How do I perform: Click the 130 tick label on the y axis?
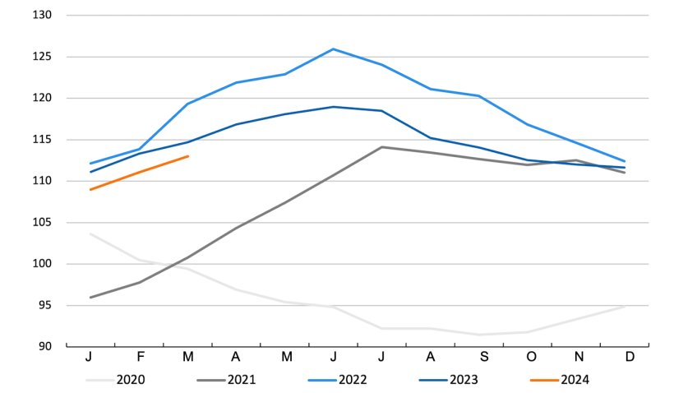[x=40, y=16]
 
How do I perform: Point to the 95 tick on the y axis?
[x=43, y=305]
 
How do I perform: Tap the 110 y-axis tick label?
[x=40, y=181]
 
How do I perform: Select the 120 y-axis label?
[x=40, y=99]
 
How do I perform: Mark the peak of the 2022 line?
[x=333, y=49]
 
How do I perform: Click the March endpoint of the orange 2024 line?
[x=188, y=156]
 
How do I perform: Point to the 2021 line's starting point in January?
[x=90, y=297]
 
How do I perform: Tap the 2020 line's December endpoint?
[x=624, y=307]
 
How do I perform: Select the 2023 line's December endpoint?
[x=624, y=168]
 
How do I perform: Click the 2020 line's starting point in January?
[x=90, y=233]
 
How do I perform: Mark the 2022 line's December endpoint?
[x=624, y=161]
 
